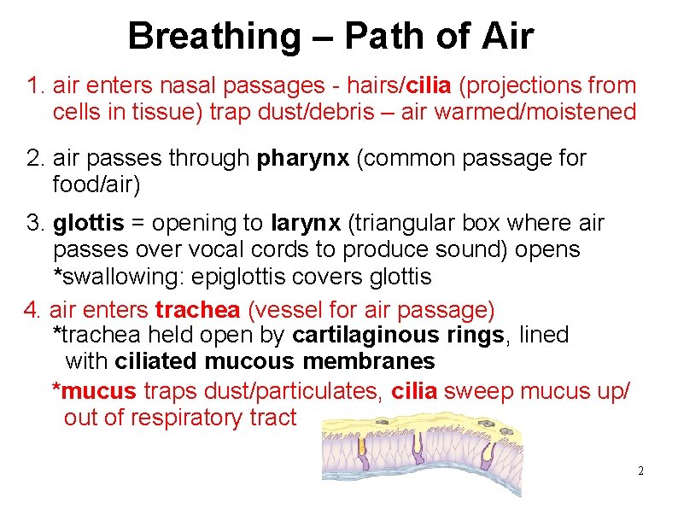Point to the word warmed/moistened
pyautogui.click(x=535, y=112)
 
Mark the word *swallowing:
pyautogui.click(x=121, y=277)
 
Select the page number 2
pyautogui.click(x=640, y=471)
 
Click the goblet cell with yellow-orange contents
pyautogui.click(x=362, y=448)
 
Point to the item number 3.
pyautogui.click(x=35, y=224)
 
